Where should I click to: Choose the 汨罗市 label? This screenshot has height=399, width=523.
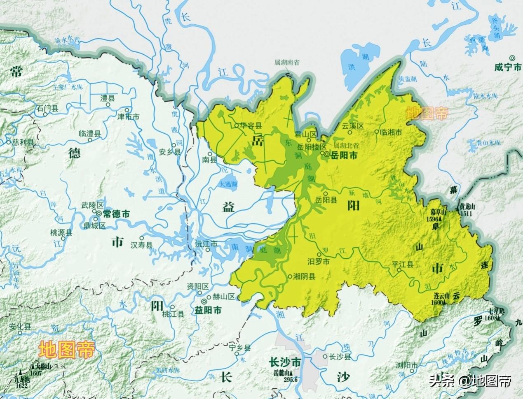319,262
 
